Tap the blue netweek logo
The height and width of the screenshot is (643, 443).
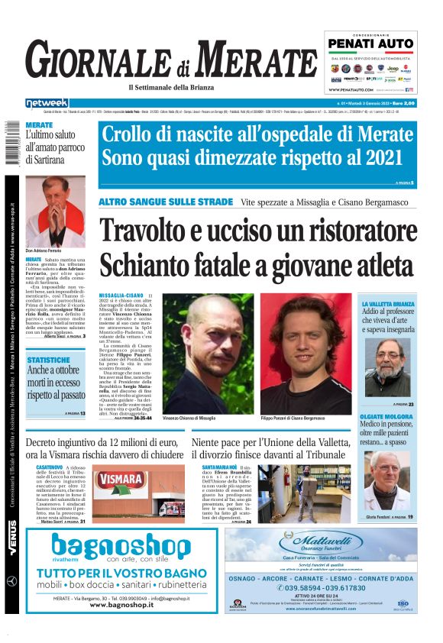pos(47,102)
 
